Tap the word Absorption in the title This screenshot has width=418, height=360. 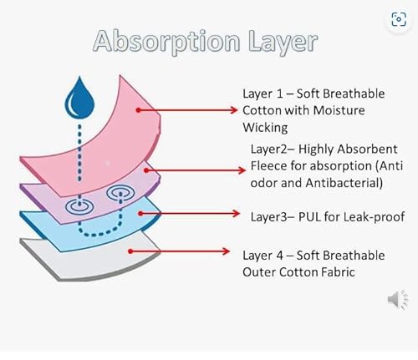click(166, 42)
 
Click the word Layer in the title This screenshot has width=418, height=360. click(283, 42)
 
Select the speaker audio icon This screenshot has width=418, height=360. click(398, 299)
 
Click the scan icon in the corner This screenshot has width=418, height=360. click(399, 19)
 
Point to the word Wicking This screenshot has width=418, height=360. click(265, 128)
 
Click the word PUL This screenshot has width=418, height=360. click(309, 216)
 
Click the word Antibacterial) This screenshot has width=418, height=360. click(344, 183)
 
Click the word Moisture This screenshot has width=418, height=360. click(339, 110)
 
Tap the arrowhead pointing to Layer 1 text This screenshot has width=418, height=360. click(233, 110)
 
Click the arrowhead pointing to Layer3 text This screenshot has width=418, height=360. click(236, 214)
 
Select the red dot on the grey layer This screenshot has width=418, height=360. click(130, 251)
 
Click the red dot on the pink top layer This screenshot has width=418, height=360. click(138, 110)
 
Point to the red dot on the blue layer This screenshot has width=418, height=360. click(140, 214)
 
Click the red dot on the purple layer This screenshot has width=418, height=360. click(146, 170)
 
